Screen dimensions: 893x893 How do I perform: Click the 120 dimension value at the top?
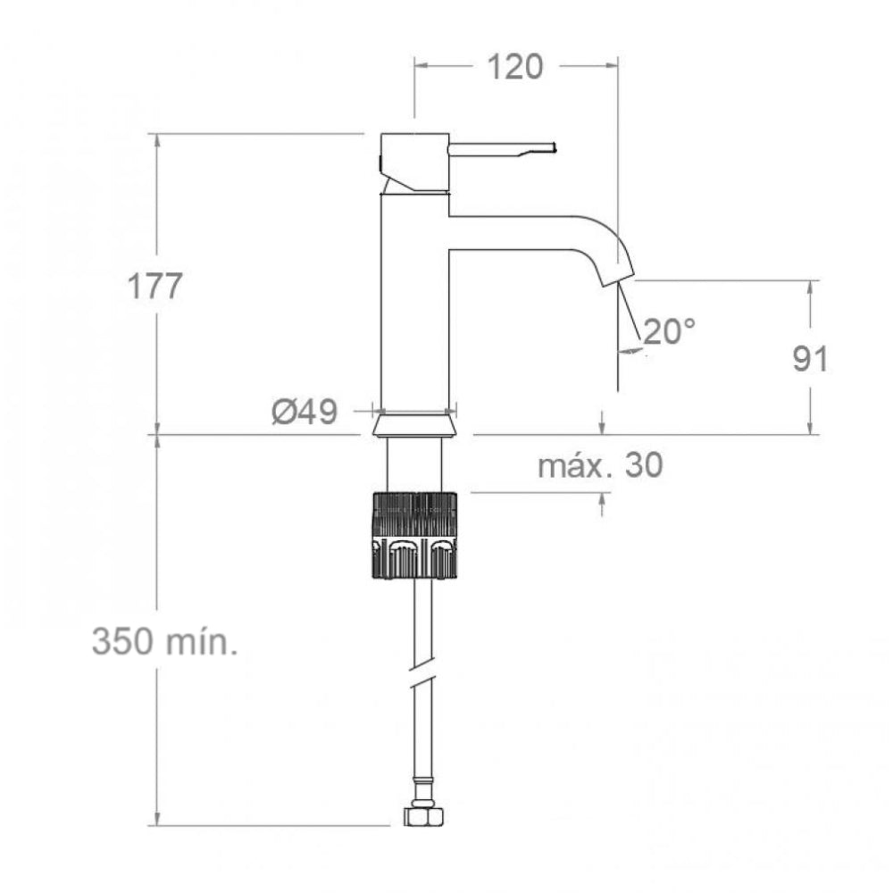[x=516, y=67]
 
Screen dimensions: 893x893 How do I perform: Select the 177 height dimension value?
[x=154, y=288]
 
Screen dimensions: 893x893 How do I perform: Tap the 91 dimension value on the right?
[x=810, y=359]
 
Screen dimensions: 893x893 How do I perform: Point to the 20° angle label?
[x=669, y=331]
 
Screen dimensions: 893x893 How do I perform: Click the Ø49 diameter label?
[x=304, y=412]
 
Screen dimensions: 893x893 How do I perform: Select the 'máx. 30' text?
[x=600, y=465]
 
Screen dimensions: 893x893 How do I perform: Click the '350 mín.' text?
[x=165, y=641]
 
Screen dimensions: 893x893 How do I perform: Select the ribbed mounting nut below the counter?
[x=414, y=535]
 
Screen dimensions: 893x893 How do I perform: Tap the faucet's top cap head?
[x=413, y=161]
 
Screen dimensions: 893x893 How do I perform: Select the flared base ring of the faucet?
[x=414, y=423]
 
